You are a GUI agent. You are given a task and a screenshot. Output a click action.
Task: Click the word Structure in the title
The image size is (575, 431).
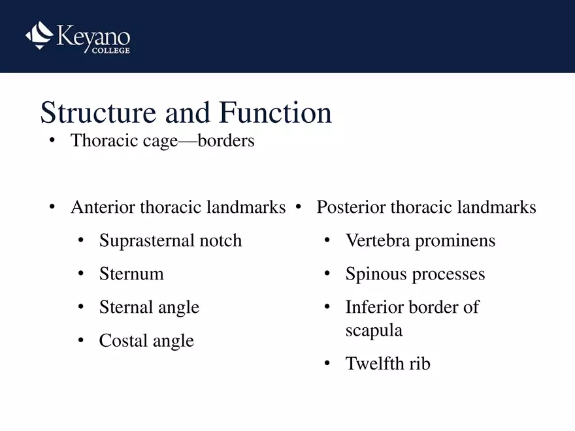click(98, 113)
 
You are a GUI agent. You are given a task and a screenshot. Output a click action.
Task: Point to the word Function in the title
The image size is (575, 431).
click(275, 113)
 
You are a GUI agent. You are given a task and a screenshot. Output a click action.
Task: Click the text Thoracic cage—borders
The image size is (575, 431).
click(162, 140)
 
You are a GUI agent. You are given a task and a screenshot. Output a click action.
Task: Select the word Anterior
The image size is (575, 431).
click(103, 208)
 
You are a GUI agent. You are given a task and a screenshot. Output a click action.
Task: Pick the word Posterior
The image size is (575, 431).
click(351, 208)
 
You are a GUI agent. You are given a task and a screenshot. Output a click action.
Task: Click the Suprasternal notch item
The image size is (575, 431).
click(170, 241)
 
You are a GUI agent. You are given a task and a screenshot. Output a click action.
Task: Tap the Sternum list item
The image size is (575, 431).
click(131, 274)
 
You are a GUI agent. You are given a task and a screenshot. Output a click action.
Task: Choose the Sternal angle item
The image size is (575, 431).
click(149, 308)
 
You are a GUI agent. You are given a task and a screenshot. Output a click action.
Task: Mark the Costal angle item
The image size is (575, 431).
click(146, 341)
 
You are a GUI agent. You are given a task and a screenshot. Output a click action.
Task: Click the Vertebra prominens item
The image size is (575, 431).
click(420, 241)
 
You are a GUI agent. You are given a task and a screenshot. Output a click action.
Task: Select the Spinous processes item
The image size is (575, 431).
click(415, 274)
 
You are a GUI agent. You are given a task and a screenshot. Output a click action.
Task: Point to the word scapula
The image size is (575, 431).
click(374, 330)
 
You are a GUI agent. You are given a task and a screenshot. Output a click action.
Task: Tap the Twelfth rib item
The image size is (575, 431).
click(387, 364)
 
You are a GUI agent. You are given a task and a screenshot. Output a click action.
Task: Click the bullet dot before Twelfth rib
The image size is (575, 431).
click(327, 364)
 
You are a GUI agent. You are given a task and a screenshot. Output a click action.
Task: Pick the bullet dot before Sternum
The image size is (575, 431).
click(81, 275)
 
